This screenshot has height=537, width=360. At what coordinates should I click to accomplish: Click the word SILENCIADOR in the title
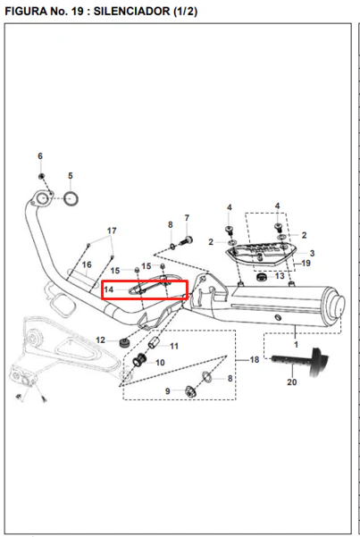(x=131, y=12)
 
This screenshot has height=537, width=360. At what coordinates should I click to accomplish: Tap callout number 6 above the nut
(x=40, y=156)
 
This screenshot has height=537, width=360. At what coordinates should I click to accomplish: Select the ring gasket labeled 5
(x=71, y=198)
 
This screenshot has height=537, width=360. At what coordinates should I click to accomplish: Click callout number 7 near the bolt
(x=187, y=218)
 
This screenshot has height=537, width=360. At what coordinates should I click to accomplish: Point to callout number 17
(x=112, y=231)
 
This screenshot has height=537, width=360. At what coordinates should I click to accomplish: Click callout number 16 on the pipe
(x=87, y=264)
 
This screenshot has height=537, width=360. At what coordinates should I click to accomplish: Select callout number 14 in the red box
(x=109, y=289)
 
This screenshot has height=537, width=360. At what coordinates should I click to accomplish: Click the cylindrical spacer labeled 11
(x=154, y=342)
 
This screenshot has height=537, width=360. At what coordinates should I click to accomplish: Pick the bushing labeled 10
(x=139, y=360)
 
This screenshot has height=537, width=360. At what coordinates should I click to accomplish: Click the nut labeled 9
(x=190, y=391)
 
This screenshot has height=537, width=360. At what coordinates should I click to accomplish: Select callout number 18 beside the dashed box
(x=255, y=359)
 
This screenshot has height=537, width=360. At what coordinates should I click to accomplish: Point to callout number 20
(x=292, y=382)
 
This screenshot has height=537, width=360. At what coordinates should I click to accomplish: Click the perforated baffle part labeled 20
(x=301, y=362)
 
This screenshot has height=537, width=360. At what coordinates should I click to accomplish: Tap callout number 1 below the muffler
(x=296, y=345)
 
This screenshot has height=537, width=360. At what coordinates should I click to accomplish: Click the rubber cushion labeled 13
(x=262, y=276)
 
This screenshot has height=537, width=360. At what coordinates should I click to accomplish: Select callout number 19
(x=306, y=263)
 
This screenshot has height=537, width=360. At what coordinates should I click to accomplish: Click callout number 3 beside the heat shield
(x=312, y=254)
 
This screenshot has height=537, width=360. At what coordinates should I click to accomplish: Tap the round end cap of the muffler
(x=337, y=304)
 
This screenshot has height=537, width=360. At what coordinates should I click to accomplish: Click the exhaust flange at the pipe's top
(x=42, y=198)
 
